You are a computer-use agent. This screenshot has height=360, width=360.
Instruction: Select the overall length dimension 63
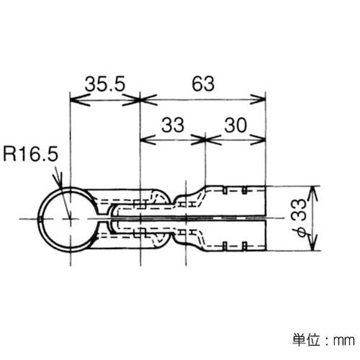coord(204,84)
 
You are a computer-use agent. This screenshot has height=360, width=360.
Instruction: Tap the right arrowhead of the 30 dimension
coord(261,139)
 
